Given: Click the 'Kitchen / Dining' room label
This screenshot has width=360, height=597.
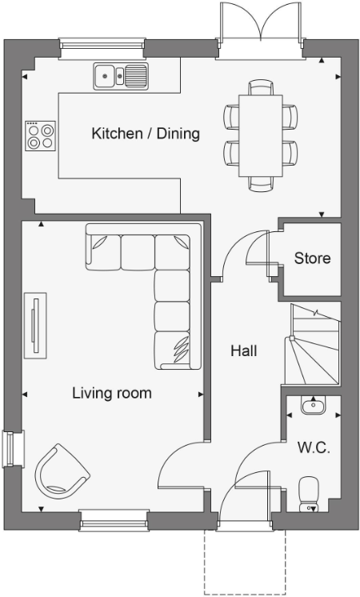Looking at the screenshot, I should click(x=145, y=134).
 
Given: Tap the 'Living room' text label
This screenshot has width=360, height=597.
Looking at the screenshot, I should click(x=111, y=393).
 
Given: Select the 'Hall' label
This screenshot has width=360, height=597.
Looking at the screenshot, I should click(x=243, y=350).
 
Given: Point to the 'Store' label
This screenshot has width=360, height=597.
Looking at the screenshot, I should click(x=311, y=258).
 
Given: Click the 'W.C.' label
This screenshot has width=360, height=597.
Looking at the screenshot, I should click(x=312, y=447).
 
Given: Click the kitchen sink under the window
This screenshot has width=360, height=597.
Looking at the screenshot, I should click(x=121, y=77).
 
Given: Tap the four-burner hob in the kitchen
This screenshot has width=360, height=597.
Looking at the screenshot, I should click(x=40, y=136).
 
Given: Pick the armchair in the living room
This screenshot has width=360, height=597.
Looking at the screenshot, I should click(x=61, y=473).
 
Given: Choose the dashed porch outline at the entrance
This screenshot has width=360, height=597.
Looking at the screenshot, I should click(x=245, y=564).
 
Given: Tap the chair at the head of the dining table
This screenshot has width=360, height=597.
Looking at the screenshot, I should click(x=261, y=87).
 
